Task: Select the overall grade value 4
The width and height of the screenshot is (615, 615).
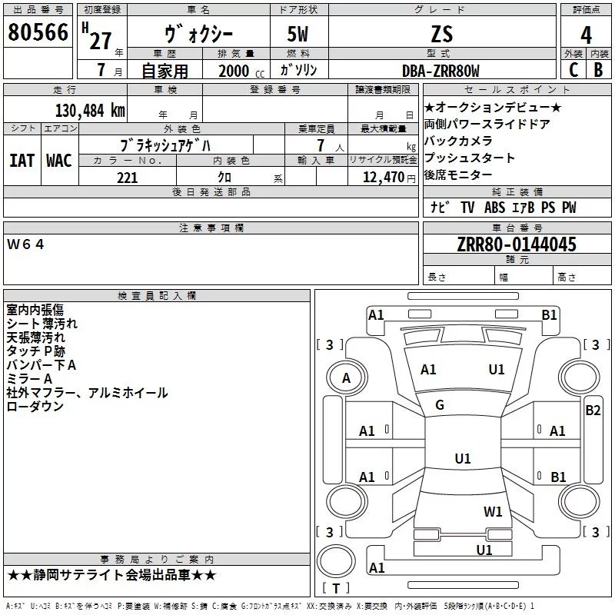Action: coord(587,34)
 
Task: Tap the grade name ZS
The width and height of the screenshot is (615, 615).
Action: coord(442,34)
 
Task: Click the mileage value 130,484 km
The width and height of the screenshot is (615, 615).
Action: coord(90,110)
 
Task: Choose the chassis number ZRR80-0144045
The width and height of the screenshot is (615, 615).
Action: coord(517,245)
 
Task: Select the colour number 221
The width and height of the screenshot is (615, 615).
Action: coord(127,178)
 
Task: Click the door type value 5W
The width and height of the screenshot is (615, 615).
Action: coord(299,34)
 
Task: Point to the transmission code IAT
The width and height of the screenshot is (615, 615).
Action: coord(22,160)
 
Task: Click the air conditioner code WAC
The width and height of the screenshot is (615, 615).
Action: coord(58,160)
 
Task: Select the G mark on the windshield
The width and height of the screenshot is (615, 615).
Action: coord(440,405)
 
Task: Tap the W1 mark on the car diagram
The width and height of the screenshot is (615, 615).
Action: coord(493,511)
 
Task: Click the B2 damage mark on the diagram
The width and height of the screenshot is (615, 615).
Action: coord(593,411)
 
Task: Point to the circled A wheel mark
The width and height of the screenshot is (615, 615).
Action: coord(346,377)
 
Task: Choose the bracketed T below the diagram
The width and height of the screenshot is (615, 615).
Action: coord(336,589)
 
